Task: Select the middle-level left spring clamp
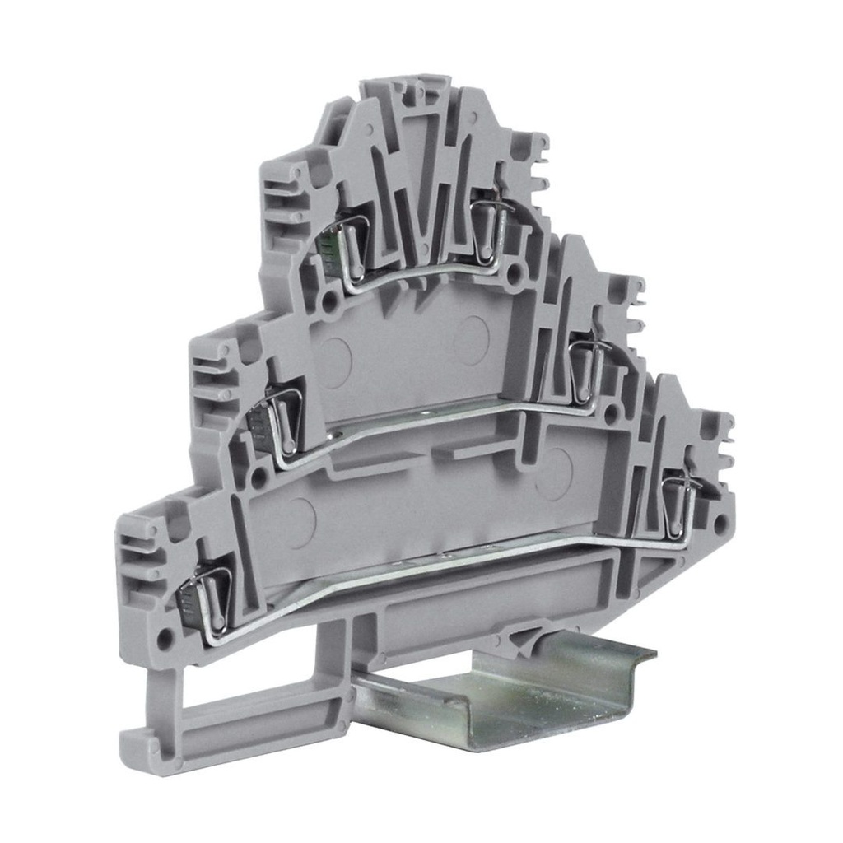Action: [280, 420]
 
